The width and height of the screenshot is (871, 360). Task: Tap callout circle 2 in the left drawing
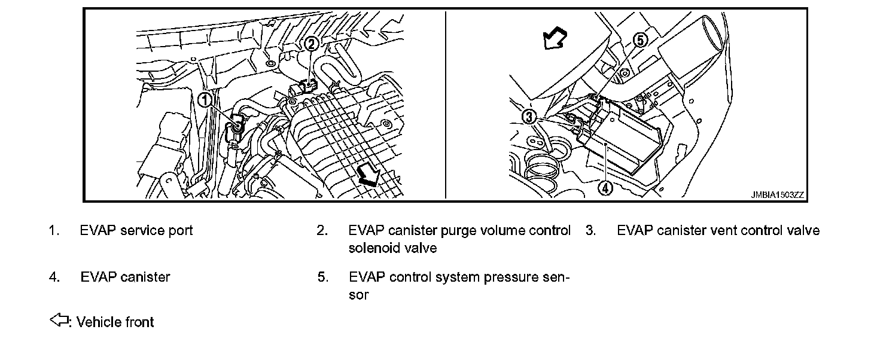tap(311, 43)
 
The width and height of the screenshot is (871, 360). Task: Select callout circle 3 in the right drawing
tap(529, 117)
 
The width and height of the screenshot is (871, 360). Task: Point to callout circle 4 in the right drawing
tap(605, 188)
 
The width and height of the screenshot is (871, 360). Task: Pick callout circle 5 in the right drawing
tap(640, 41)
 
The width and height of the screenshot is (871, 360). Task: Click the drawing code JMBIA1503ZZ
tap(778, 195)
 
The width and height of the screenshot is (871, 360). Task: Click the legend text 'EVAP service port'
tap(136, 231)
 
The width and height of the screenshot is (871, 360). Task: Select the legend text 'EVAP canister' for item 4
tap(125, 277)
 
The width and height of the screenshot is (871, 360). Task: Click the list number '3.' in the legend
tap(590, 231)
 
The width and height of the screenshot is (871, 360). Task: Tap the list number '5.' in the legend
tap(322, 277)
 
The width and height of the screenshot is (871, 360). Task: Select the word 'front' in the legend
tap(139, 322)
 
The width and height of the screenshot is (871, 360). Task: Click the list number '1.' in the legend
tap(53, 231)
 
